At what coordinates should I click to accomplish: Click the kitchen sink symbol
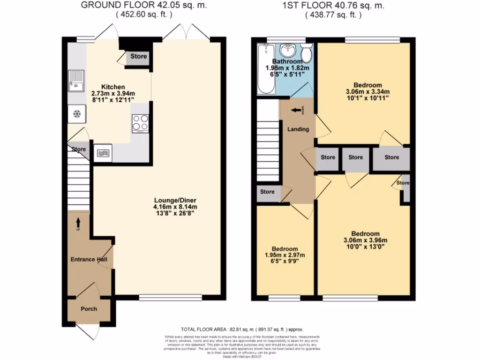point(75,81)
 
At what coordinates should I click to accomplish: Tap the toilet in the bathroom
point(307,53)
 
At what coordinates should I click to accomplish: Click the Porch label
point(89,309)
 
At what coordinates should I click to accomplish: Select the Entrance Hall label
point(89,259)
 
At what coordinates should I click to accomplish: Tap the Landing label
point(298,129)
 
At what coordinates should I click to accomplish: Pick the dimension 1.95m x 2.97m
point(285,255)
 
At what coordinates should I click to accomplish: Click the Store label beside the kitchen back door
point(139,56)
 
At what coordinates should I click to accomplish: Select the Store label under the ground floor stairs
point(79,150)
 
